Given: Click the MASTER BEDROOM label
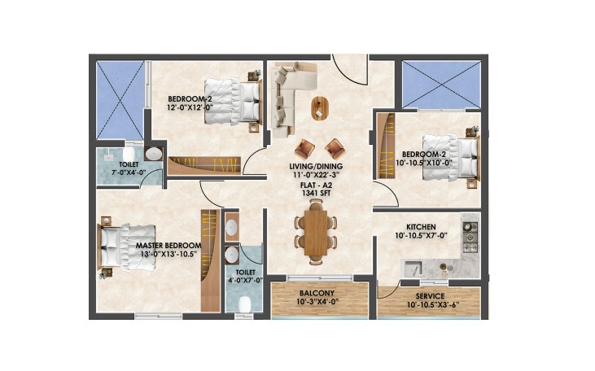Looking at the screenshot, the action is click(168, 246).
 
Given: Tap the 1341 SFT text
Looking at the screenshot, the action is click(316, 193).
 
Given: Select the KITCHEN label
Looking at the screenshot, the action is click(421, 227).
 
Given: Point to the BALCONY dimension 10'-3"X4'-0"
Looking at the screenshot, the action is click(317, 302).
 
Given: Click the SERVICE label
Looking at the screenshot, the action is click(430, 296).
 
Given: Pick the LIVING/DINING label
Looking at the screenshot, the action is click(316, 166).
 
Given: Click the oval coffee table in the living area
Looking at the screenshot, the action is click(320, 108).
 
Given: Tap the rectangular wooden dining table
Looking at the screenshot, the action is click(316, 233).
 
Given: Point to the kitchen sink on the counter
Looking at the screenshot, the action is click(413, 268).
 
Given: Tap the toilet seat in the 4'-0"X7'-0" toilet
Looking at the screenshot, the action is click(245, 304).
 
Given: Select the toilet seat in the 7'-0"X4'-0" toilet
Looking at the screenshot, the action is click(129, 154).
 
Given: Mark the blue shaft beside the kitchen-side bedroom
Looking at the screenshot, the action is click(441, 85).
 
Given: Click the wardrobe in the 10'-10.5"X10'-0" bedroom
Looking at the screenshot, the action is click(386, 146).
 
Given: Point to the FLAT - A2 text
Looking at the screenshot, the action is click(316, 185).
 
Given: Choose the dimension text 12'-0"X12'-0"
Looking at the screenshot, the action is click(190, 107).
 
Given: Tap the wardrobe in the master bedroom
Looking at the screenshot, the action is click(211, 260).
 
